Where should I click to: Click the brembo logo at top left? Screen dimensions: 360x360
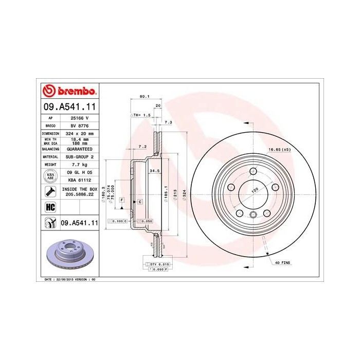point(69,92)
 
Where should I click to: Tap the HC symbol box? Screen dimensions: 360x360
point(50,207)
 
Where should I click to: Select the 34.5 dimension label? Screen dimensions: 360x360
point(153,169)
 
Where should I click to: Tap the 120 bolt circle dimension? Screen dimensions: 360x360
point(254,190)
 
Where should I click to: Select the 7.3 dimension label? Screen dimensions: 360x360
point(168,122)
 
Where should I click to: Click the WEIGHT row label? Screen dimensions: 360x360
point(50,164)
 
